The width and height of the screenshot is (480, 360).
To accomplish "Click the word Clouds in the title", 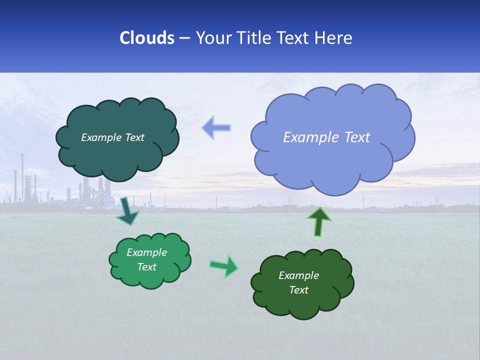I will click(146, 38).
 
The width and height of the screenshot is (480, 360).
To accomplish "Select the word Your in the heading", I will click(212, 38).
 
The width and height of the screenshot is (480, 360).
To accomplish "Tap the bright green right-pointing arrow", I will click(224, 265).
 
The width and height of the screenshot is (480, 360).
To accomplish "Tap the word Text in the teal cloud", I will click(134, 137).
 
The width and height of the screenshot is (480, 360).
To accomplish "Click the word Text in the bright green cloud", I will click(147, 267).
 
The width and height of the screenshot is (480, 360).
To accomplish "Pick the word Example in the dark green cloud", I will click(298, 275).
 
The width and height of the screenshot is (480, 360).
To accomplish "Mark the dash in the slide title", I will click(184, 38).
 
